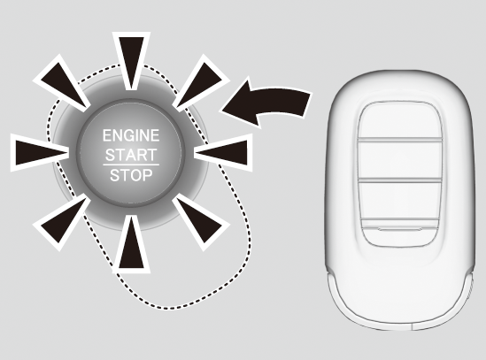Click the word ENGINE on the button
click(131, 135)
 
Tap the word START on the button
click(131, 155)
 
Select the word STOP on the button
click(131, 175)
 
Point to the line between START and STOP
click(131, 165)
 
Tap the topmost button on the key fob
click(400, 121)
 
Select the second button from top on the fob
click(400, 159)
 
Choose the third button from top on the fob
click(400, 201)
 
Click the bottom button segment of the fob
click(400, 234)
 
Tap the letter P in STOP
click(148, 175)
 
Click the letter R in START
click(140, 155)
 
